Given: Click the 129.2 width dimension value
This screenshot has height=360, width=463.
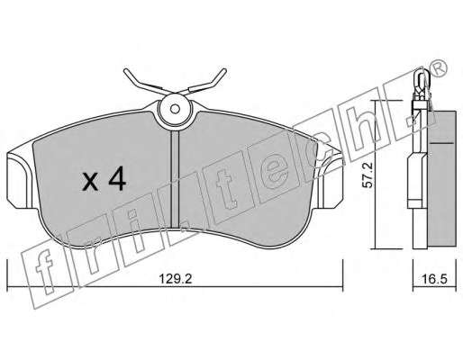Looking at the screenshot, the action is [175, 279].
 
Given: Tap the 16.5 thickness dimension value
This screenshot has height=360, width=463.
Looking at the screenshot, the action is [435, 279].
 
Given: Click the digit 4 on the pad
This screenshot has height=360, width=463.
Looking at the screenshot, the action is [117, 178].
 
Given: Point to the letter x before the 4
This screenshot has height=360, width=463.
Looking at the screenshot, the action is [90, 182].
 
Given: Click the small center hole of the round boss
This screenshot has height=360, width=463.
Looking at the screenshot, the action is [175, 109].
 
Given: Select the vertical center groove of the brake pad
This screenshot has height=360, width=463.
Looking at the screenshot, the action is [175, 179].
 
